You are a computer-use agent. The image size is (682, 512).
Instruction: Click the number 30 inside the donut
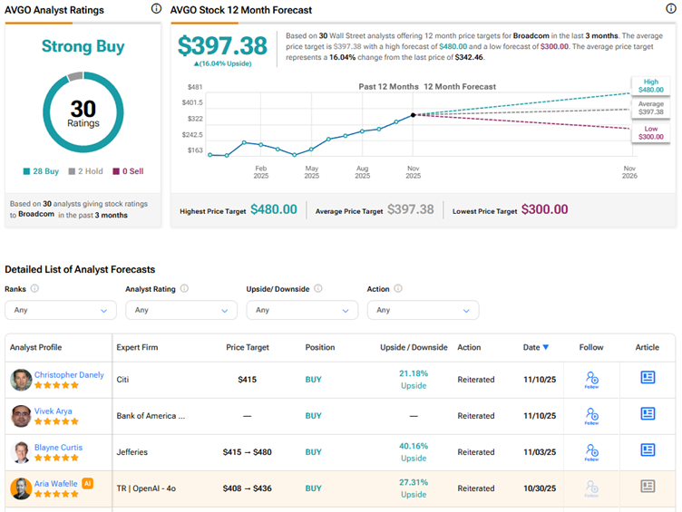tap(83, 109)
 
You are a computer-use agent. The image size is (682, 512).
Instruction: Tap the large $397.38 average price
tap(222, 46)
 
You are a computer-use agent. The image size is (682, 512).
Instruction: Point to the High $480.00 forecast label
tap(651, 85)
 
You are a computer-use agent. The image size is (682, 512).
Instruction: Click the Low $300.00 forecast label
tap(651, 134)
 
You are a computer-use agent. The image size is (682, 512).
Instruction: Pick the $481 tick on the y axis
tap(194, 87)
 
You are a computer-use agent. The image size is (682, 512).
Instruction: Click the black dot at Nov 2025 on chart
tap(414, 115)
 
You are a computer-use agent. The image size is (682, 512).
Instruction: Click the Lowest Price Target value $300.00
tap(545, 209)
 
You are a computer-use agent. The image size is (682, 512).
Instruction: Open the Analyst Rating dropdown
tap(181, 310)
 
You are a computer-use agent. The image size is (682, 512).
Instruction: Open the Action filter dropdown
tap(423, 310)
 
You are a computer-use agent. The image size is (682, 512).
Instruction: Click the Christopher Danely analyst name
tap(69, 374)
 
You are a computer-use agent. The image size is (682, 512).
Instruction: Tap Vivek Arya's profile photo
tap(21, 416)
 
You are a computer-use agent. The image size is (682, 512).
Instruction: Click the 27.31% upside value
tap(413, 482)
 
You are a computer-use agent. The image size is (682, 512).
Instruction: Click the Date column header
tap(535, 347)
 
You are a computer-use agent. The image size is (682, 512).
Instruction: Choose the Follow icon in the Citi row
tap(591, 378)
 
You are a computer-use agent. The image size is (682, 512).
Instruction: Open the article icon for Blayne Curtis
tap(648, 450)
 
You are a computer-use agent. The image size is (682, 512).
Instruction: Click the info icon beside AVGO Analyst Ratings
tap(156, 9)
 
